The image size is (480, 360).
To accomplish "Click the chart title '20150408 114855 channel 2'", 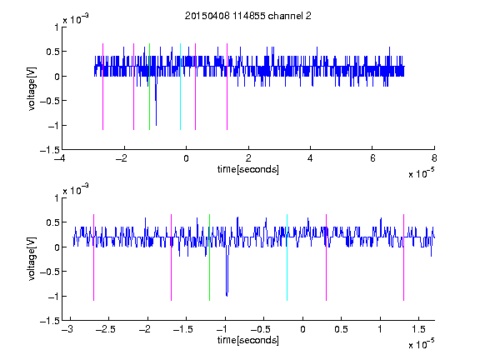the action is (x=248, y=16).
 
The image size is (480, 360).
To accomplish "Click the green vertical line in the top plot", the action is (x=149, y=87).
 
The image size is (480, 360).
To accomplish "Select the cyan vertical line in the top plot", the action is (x=180, y=87).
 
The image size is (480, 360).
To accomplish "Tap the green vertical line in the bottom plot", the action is (x=210, y=257).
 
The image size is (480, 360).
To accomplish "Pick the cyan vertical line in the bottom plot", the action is (x=287, y=257).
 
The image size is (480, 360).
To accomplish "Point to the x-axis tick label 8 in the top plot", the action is (x=434, y=158).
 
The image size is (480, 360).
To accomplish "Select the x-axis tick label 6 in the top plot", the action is (x=372, y=158).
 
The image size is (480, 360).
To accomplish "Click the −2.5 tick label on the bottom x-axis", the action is (x=106, y=329).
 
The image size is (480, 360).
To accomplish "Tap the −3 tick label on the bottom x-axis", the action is (x=67, y=329).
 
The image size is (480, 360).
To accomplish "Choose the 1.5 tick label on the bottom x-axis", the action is (x=419, y=329).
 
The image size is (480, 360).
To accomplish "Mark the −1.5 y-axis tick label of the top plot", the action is (x=50, y=150).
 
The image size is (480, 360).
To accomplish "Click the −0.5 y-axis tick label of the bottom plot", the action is (x=50, y=271).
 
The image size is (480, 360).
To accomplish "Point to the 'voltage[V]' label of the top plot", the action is (x=32, y=89).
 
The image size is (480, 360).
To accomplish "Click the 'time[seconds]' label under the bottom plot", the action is (x=248, y=340).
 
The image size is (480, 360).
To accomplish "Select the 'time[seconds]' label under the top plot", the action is (x=248, y=169).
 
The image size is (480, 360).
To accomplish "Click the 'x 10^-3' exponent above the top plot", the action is (x=76, y=19).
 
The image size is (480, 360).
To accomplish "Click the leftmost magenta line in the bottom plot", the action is (x=93, y=257).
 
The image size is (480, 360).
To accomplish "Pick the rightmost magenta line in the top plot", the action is (x=227, y=87).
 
